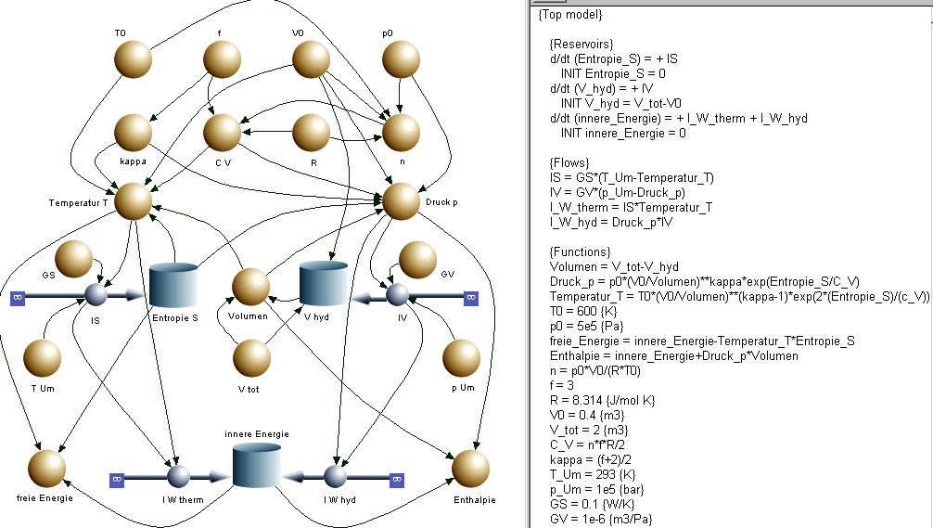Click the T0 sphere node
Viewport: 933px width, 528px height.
[133, 59]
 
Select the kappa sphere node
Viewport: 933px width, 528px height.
[133, 132]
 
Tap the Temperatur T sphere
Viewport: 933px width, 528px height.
[133, 201]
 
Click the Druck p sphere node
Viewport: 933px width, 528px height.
[401, 201]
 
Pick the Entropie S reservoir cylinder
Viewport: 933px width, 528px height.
[173, 285]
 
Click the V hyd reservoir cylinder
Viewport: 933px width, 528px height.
[323, 283]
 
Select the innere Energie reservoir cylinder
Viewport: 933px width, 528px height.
[257, 466]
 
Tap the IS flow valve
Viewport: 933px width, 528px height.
[96, 294]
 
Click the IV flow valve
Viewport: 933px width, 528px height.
[398, 294]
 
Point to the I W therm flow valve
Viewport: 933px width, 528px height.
[178, 476]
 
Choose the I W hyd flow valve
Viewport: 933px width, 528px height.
[335, 476]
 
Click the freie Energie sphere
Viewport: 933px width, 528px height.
[46, 469]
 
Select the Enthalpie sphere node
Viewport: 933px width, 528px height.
[470, 469]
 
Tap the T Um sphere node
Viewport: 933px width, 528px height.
[43, 358]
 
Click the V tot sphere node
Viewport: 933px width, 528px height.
[251, 358]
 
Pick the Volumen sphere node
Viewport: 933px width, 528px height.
[250, 287]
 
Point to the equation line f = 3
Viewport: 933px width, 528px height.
[562, 385]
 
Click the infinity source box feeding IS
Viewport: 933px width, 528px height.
[18, 298]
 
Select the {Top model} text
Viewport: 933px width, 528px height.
[570, 14]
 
